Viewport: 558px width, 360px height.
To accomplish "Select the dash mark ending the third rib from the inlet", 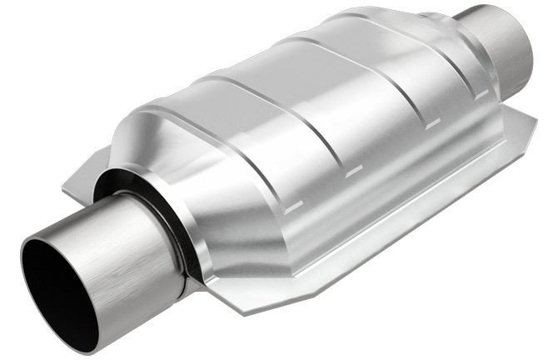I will (x=432, y=127).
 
